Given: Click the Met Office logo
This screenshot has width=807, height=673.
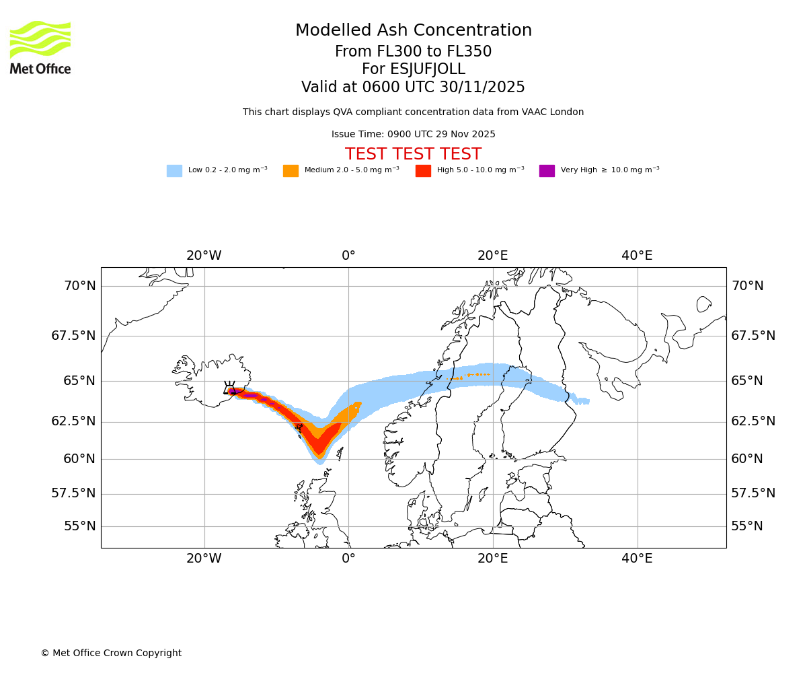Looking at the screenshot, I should click(40, 47).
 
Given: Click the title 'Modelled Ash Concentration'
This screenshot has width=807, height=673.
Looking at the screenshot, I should click(413, 30).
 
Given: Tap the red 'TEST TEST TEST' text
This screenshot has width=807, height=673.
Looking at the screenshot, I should click(413, 154).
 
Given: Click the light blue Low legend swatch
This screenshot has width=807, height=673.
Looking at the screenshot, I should click(174, 171).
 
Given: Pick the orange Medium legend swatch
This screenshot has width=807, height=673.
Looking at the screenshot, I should click(291, 171).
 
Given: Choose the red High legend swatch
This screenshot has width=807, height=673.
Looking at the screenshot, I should click(423, 171).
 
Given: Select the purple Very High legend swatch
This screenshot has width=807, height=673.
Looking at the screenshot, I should click(547, 171).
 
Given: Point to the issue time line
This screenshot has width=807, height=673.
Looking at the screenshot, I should click(413, 135).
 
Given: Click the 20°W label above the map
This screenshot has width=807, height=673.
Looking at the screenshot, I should click(204, 256).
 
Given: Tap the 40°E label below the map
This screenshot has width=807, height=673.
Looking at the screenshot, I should click(637, 559).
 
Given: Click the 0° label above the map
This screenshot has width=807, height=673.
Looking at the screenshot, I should click(348, 256).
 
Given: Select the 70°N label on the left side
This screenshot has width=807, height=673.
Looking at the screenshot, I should click(79, 286).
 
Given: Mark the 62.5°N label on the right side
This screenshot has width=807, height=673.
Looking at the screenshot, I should click(753, 421).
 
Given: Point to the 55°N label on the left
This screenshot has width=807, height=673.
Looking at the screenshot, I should click(79, 526).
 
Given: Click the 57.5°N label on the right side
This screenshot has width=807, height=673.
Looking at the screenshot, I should click(753, 493).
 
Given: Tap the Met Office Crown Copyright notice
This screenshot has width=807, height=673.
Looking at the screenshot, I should click(111, 653).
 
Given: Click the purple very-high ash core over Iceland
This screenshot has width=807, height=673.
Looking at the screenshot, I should click(234, 391).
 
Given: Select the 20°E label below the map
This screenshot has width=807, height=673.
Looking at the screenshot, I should click(492, 559).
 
